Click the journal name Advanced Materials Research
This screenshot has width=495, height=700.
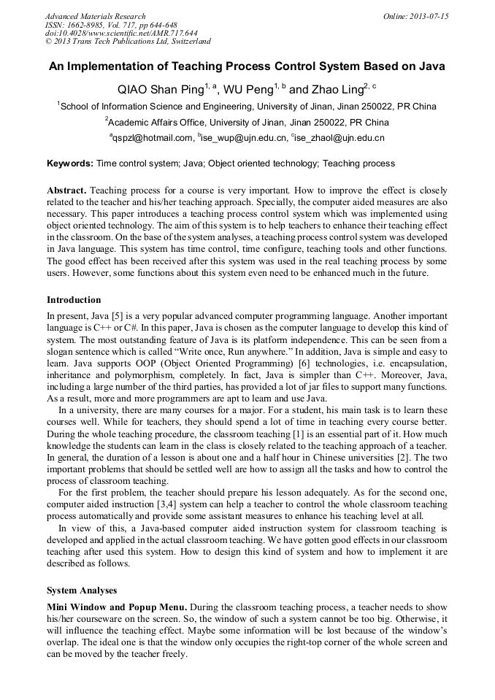coord(95,16)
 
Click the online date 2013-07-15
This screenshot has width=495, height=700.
coord(426,16)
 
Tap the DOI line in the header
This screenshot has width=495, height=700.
coord(120,33)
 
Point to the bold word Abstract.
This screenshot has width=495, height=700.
coord(66,189)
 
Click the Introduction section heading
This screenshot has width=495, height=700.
coord(74,299)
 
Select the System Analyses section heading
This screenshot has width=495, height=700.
coord(82,590)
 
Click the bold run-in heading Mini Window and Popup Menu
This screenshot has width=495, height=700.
coord(115,607)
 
